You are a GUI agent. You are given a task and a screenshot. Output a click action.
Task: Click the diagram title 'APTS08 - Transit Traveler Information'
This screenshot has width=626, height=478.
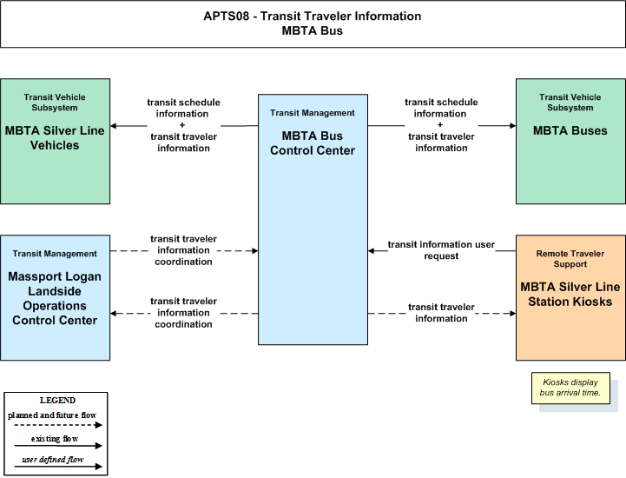pyautogui.click(x=313, y=16)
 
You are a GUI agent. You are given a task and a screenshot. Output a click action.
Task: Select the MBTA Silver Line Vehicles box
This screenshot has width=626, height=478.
pyautogui.click(x=55, y=141)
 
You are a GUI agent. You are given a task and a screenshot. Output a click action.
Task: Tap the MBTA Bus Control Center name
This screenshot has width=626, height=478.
pyautogui.click(x=313, y=143)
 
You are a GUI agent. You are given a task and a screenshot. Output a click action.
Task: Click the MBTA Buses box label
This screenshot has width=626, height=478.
pyautogui.click(x=570, y=130)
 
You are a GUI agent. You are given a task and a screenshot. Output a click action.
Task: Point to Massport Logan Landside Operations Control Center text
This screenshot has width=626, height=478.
pyautogui.click(x=55, y=298)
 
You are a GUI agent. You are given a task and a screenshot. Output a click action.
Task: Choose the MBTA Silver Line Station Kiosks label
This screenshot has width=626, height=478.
pyautogui.click(x=570, y=294)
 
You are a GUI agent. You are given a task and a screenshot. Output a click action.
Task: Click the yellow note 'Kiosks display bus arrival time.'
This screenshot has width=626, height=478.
pyautogui.click(x=570, y=388)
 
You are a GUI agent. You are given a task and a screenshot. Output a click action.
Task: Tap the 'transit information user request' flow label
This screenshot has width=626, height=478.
pyautogui.click(x=441, y=250)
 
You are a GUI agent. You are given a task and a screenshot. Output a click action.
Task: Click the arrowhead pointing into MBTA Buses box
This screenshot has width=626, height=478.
pyautogui.click(x=513, y=126)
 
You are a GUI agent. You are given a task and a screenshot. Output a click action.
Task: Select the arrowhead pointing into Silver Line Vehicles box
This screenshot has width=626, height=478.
pyautogui.click(x=114, y=126)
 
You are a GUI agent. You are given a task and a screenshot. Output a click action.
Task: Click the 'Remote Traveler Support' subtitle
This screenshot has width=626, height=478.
pyautogui.click(x=570, y=259)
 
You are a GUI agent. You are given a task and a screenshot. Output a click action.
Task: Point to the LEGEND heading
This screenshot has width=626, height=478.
pyautogui.click(x=57, y=400)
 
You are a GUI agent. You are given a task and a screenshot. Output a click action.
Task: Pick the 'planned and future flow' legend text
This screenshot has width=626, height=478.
pyautogui.click(x=52, y=415)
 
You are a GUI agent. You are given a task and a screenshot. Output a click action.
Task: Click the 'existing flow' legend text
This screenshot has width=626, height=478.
pyautogui.click(x=55, y=438)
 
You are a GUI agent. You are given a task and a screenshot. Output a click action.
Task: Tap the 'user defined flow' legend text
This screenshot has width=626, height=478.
pyautogui.click(x=53, y=459)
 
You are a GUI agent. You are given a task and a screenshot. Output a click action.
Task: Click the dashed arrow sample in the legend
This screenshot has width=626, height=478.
pyautogui.click(x=58, y=425)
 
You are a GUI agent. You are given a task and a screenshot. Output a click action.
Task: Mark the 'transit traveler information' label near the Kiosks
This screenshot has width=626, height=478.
pyautogui.click(x=441, y=313)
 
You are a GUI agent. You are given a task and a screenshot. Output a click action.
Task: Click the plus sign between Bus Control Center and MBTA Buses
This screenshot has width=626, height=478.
pyautogui.click(x=440, y=124)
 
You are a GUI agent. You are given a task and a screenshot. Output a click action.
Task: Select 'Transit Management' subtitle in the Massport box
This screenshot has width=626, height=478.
pyautogui.click(x=55, y=254)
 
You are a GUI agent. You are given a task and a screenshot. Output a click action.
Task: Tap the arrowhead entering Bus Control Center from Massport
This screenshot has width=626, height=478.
pyautogui.click(x=254, y=251)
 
